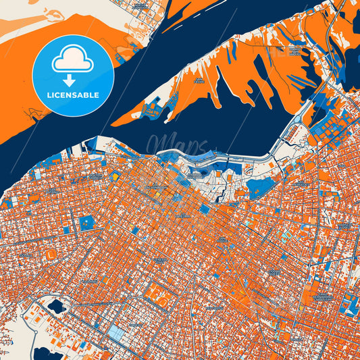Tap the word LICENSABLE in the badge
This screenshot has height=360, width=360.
(72, 95)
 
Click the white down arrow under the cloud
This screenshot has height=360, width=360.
(72, 80)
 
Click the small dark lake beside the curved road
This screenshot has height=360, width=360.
(56, 307)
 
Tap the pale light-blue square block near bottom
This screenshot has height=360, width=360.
(117, 332)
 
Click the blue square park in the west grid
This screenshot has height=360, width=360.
(86, 222)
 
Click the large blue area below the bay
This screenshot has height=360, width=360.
(260, 187)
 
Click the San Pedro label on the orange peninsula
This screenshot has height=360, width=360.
(199, 80)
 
